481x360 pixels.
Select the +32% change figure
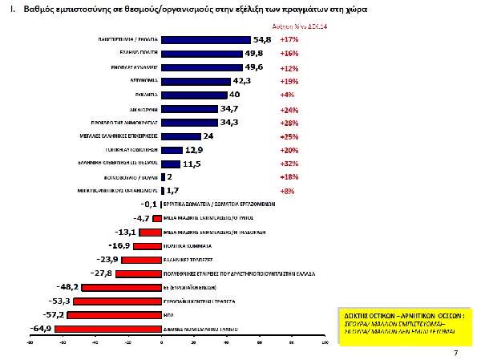point(289,163)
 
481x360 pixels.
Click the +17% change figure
point(289,39)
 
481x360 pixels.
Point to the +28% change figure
point(289,122)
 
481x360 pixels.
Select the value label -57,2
point(55,314)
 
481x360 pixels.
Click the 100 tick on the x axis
point(324,342)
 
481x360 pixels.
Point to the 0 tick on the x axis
point(161,342)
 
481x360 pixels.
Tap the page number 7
point(455,353)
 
